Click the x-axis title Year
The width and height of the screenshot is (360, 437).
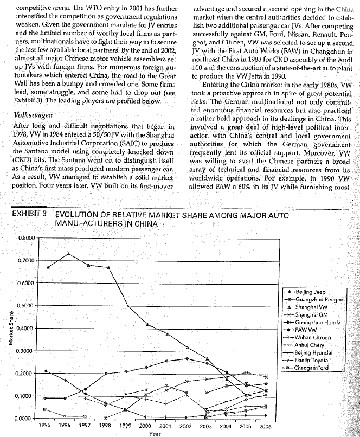coord(155,434)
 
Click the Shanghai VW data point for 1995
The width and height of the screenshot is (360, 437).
coord(48,267)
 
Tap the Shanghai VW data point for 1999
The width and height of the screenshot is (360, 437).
coord(127,306)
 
